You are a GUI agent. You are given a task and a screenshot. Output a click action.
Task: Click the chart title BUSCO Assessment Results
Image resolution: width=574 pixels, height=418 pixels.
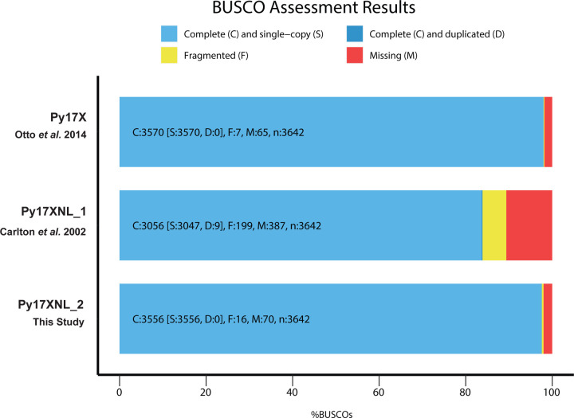[x=286, y=12]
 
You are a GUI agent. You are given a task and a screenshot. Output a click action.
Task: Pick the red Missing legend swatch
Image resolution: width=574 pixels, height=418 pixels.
[x=358, y=56]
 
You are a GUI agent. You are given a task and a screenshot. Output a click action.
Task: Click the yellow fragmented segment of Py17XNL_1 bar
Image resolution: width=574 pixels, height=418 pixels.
[x=493, y=225]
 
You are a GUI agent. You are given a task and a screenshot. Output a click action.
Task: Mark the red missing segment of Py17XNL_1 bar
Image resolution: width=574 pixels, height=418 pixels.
[x=529, y=225]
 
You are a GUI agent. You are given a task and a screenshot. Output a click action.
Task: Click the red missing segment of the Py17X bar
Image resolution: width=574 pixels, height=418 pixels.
[x=548, y=132]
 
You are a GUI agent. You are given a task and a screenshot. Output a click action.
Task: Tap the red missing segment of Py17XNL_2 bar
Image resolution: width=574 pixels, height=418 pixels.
[x=548, y=318]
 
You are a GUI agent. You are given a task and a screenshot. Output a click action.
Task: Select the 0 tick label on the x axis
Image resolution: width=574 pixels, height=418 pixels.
[x=120, y=392]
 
